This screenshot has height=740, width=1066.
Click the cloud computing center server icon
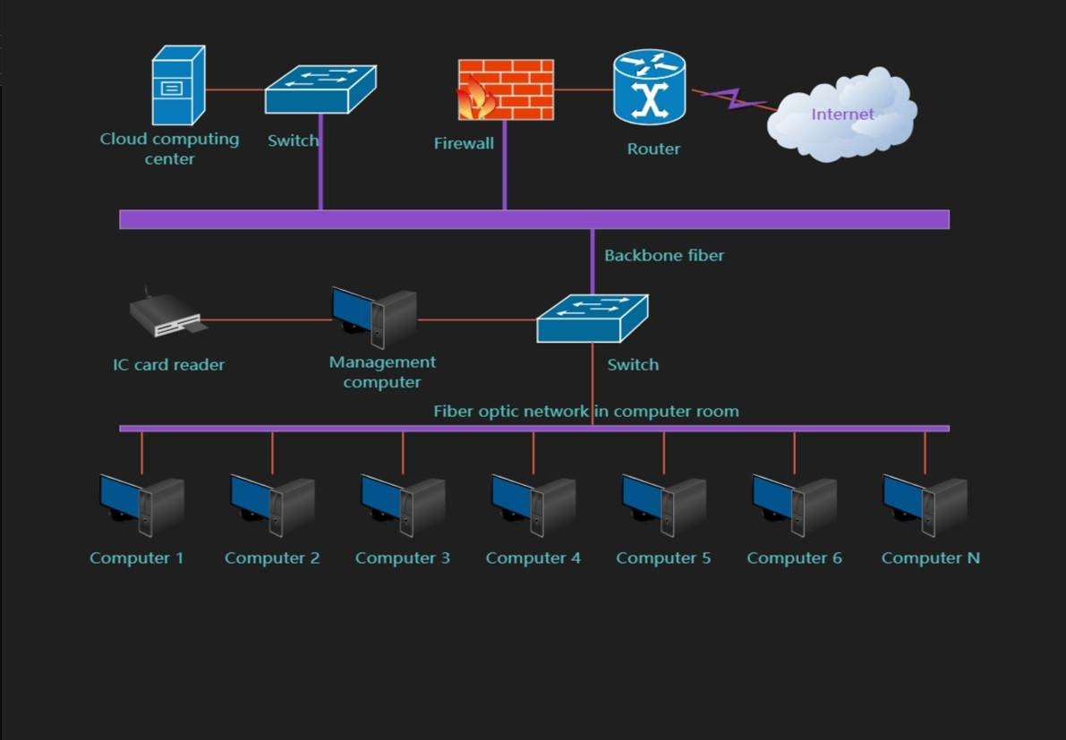tap(178, 86)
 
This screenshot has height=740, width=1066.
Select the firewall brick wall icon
tap(507, 89)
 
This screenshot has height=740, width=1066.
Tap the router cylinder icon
tap(649, 88)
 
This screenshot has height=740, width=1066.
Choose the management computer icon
tap(373, 317)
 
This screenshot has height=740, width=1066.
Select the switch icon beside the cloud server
tap(320, 89)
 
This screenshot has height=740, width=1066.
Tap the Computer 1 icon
tap(141, 506)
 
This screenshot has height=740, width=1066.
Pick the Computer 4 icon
tap(533, 506)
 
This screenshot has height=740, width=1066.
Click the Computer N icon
tap(925, 506)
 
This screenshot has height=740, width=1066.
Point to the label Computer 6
tap(794, 558)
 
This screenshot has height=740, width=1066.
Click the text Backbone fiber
tap(664, 256)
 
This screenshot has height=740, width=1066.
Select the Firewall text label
tap(464, 143)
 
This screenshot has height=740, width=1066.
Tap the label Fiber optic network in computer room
tap(586, 412)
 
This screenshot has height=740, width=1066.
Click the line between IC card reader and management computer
tap(267, 319)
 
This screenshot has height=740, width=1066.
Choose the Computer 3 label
tap(402, 558)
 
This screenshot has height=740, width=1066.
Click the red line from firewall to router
tap(583, 89)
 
